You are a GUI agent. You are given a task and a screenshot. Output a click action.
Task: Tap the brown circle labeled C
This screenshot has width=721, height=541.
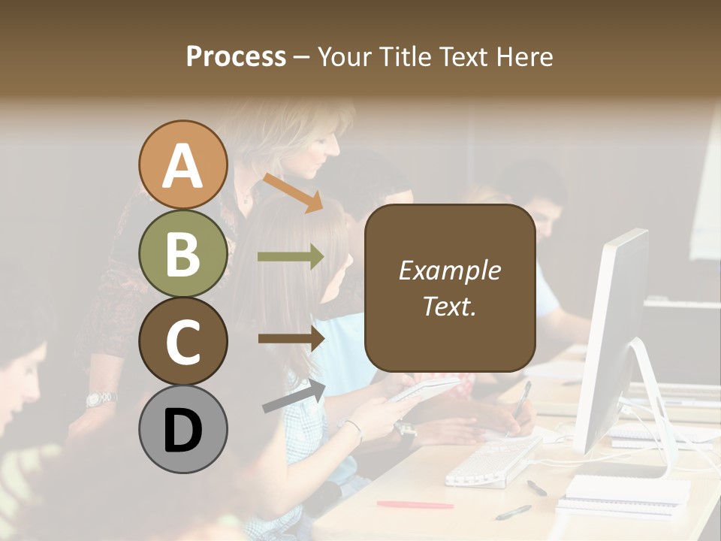[x=183, y=341]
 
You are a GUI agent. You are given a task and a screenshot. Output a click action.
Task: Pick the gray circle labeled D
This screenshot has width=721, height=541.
[x=183, y=429]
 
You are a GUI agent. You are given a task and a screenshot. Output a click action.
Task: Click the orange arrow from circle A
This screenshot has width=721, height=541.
[x=293, y=192]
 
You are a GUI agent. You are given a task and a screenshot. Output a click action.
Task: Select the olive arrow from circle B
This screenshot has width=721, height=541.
[x=291, y=257]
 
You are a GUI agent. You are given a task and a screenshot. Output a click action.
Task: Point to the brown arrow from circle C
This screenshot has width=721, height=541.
[x=291, y=338]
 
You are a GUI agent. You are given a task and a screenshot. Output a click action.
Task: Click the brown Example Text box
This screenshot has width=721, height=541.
[x=449, y=288]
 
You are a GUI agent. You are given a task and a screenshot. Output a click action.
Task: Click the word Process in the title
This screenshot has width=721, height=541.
[x=236, y=56]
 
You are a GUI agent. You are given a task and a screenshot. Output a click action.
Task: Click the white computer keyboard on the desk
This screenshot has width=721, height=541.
[x=492, y=460]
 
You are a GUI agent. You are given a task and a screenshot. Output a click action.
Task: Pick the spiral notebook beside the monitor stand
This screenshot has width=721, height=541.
[x=626, y=490]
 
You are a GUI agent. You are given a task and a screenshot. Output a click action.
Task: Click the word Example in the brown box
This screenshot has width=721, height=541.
[x=449, y=270]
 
